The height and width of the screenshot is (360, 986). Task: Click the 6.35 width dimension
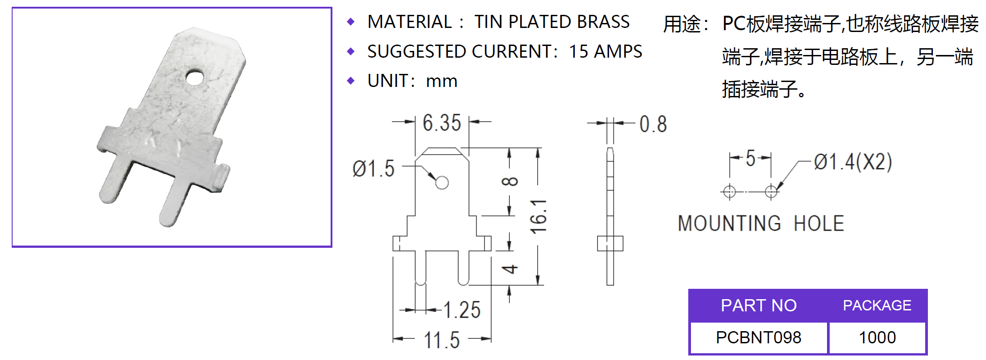point(441,123)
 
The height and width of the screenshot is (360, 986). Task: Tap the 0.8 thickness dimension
point(653,124)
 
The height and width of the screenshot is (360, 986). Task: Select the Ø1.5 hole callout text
point(373,169)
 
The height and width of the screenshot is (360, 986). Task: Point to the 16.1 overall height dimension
point(539,216)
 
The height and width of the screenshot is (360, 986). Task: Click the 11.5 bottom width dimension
point(441,340)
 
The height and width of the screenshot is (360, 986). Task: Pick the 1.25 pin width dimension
point(462,310)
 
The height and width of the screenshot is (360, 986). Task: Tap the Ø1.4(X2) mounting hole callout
point(853,162)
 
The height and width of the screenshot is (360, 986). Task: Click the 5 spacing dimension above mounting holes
point(750,158)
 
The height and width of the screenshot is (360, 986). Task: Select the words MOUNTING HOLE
point(761,223)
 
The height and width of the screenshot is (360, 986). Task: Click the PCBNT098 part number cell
point(759,337)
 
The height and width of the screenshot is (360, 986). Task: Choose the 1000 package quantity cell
point(877,337)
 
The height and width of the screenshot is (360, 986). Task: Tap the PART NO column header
point(759,305)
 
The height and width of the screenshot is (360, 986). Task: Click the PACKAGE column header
point(877,305)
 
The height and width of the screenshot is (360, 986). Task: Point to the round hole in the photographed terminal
point(194,77)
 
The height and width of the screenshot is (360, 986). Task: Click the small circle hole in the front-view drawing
point(442,182)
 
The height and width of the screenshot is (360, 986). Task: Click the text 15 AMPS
point(605,52)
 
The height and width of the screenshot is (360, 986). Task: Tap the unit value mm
point(441,82)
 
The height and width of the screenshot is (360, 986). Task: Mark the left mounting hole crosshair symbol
point(729,191)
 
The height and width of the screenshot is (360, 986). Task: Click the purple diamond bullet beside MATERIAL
point(351,22)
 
